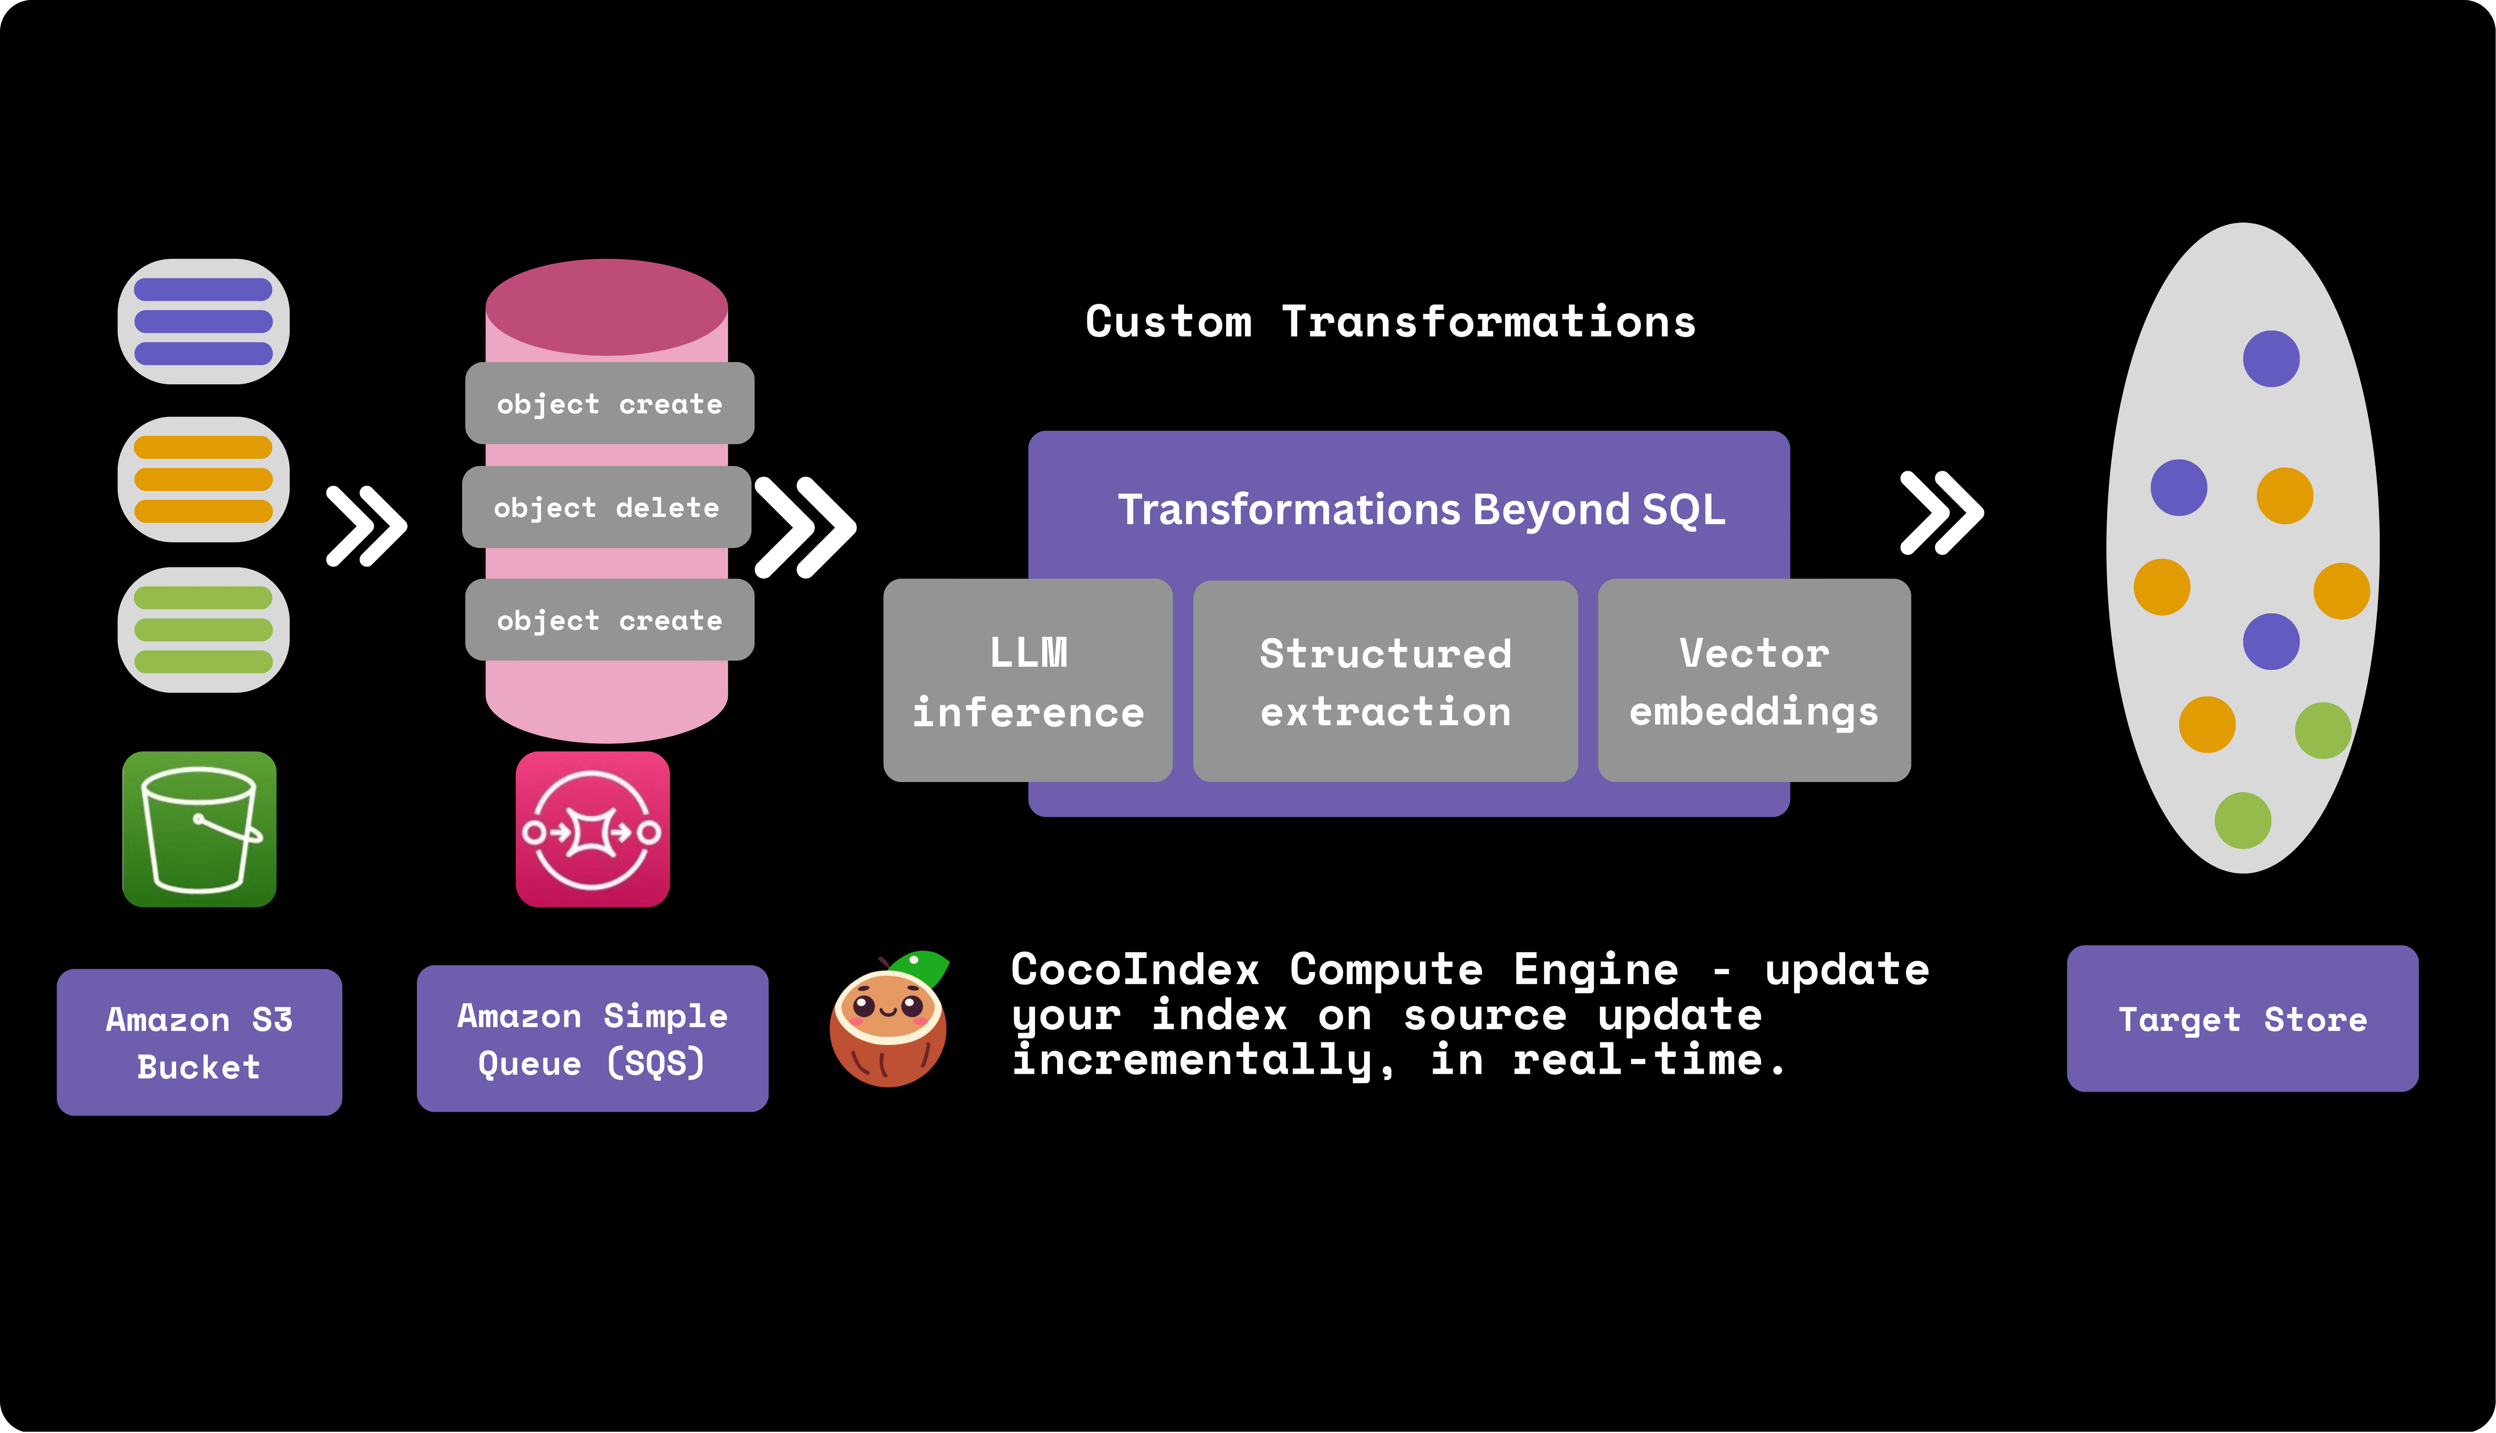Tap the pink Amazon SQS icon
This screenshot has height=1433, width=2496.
click(592, 829)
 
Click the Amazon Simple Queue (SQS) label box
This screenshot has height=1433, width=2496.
click(592, 1038)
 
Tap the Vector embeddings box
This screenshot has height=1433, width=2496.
click(1754, 681)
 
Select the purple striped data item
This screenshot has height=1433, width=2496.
click(203, 322)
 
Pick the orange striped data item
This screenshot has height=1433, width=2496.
click(203, 479)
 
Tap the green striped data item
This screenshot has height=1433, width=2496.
click(203, 630)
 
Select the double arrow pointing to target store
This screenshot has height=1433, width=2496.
click(1941, 513)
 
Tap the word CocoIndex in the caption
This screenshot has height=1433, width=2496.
click(1135, 970)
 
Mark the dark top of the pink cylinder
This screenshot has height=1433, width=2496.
click(606, 306)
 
